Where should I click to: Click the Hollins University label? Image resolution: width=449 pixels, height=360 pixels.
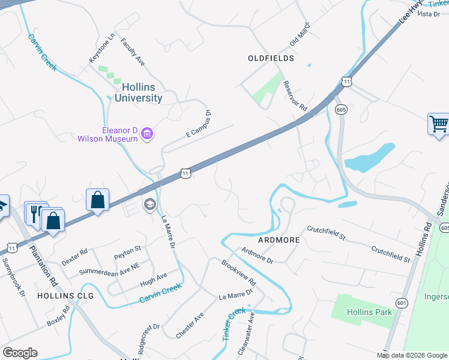[138, 92]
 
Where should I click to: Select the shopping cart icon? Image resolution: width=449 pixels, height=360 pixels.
[439, 124]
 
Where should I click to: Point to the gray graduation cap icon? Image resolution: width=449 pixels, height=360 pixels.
[149, 205]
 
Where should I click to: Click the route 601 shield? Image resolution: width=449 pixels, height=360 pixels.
[402, 304]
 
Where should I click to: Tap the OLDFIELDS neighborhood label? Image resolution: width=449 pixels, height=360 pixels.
[271, 58]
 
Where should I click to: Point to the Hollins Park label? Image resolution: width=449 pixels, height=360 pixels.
[369, 312]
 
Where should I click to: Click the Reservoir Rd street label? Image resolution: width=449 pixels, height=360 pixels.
[295, 97]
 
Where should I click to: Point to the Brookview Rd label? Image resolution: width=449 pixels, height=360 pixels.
[238, 273]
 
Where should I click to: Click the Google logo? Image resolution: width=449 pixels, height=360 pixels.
[20, 353]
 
